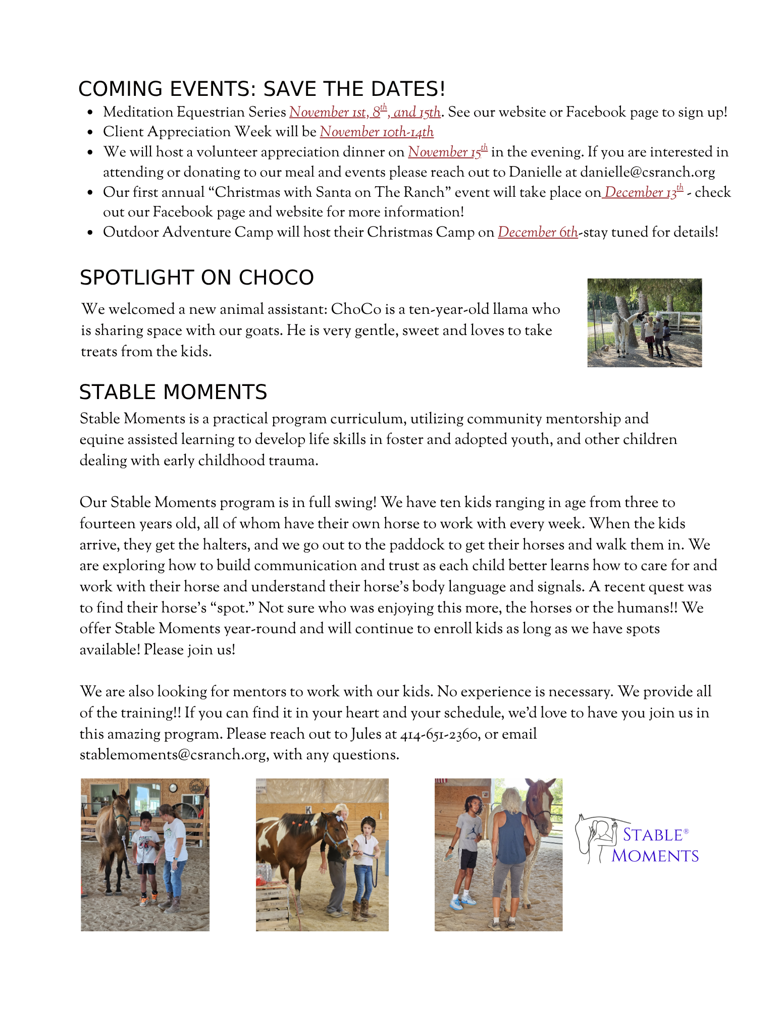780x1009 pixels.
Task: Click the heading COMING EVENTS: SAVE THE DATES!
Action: click(x=262, y=89)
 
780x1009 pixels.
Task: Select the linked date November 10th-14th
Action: click(x=376, y=132)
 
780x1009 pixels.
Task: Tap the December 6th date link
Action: click(x=537, y=232)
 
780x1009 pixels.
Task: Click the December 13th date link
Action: click(x=643, y=192)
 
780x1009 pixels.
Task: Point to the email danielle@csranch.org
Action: click(x=647, y=172)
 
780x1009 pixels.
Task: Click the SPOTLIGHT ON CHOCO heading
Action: click(x=196, y=277)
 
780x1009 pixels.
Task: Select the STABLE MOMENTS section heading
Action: click(x=173, y=392)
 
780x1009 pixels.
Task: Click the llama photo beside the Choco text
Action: click(x=644, y=323)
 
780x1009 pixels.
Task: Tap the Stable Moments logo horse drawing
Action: click(x=596, y=837)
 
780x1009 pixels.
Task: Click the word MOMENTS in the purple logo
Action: click(x=655, y=856)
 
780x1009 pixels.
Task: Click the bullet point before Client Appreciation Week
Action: click(x=90, y=133)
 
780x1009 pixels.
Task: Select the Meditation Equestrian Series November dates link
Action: click(x=365, y=112)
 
